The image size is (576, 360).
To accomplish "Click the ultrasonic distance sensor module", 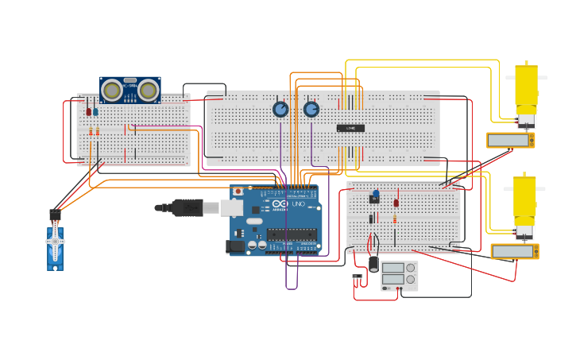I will pos(130,90).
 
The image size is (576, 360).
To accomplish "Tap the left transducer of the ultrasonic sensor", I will pos(113,91).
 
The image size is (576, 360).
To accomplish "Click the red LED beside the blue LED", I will pos(88,111).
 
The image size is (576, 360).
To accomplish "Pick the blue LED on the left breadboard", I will pos(96,111).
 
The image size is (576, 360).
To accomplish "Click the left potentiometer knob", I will pos(280,109).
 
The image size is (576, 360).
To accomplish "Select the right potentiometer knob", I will pos(311,109).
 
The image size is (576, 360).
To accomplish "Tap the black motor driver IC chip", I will pos(350,128).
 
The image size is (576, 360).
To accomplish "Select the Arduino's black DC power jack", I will pos(235,246).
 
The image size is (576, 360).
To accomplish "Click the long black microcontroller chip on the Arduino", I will pos(292,234).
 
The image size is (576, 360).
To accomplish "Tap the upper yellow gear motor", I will pos(526,92).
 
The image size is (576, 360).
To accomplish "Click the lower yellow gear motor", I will pos(525,203).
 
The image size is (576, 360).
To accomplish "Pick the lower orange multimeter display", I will pos(515,252).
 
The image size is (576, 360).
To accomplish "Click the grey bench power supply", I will pos(399,275).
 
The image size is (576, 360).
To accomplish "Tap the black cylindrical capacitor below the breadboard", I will pos(373,262).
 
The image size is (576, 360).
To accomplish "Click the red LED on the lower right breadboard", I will pos(396,203).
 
